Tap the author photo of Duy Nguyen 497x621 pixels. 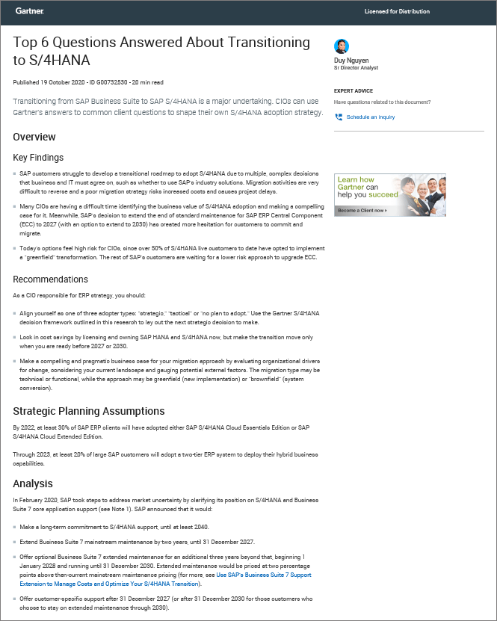click(342, 46)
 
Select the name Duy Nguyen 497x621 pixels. click(351, 60)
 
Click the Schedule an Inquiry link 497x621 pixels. click(371, 117)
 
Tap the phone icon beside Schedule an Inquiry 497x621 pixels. click(339, 117)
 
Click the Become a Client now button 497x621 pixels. click(362, 211)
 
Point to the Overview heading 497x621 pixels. click(34, 137)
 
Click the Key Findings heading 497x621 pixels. click(38, 158)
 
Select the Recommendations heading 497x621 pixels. click(50, 279)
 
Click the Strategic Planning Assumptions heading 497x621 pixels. click(89, 411)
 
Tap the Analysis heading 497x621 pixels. click(33, 483)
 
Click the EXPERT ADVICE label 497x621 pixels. click(353, 91)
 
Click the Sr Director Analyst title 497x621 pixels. click(356, 68)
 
